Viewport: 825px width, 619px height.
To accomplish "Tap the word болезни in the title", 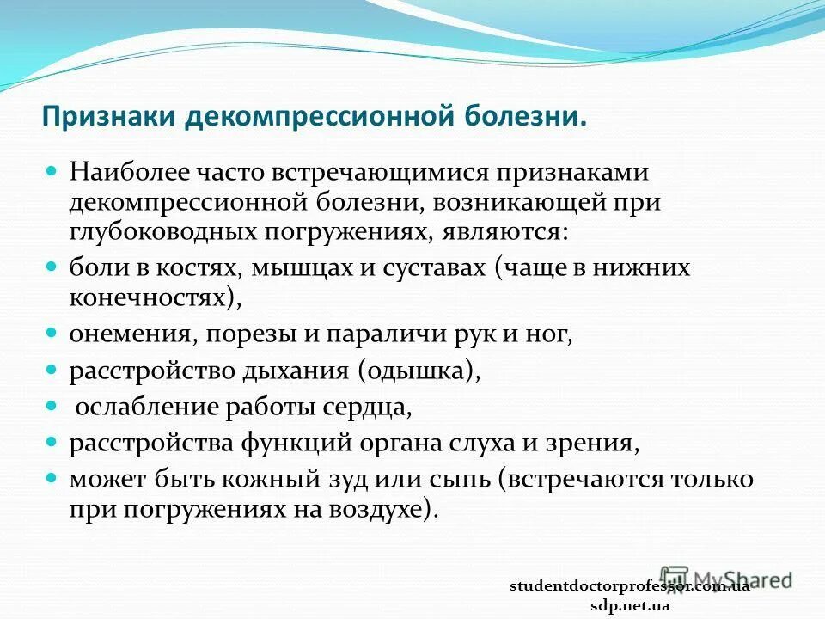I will pos(525,116).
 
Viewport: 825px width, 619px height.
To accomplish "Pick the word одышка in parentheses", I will pos(418,371).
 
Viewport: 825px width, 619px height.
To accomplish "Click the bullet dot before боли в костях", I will pos(51,267).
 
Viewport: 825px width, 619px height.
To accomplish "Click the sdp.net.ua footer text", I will pos(630,605).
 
